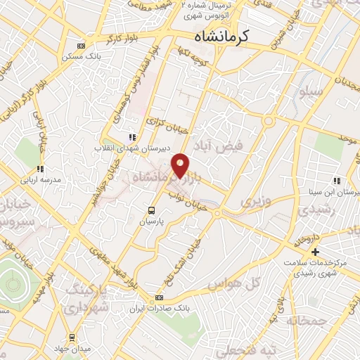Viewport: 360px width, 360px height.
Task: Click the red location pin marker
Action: tap(181, 165)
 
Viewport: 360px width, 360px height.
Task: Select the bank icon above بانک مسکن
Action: tap(82, 44)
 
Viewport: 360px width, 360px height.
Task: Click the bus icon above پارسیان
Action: tap(152, 210)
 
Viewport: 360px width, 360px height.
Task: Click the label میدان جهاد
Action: tap(73, 349)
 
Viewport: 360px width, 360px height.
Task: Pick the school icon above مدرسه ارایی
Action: tap(40, 168)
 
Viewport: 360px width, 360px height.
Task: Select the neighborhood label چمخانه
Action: tap(304, 321)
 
